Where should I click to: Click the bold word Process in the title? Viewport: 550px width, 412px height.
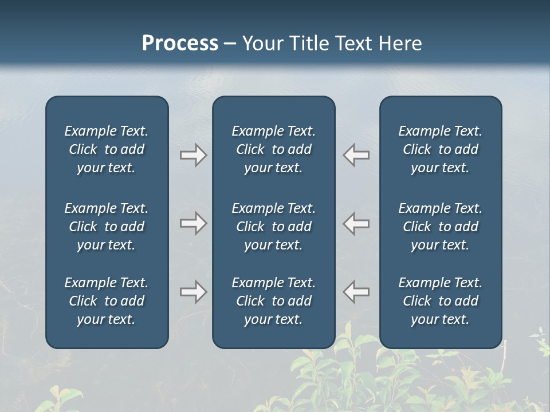(x=180, y=43)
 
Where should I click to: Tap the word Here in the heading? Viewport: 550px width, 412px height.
(x=400, y=43)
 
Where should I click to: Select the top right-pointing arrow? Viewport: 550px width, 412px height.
(x=193, y=155)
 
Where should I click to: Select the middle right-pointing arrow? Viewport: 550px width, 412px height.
(x=193, y=223)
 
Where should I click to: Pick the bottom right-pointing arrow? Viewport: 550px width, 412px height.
(x=193, y=292)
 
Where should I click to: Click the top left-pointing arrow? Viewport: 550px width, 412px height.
(x=356, y=155)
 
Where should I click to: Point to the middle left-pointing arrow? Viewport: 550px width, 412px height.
(x=356, y=223)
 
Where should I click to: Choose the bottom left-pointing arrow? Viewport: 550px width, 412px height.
(x=356, y=292)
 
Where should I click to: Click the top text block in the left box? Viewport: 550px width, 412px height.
(x=107, y=149)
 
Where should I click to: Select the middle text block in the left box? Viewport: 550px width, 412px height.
(x=107, y=227)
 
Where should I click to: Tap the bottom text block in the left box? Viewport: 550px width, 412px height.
(x=107, y=301)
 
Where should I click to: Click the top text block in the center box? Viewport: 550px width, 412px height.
(x=273, y=149)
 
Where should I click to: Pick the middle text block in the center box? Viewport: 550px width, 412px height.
(x=273, y=227)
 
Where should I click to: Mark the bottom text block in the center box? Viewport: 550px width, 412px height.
(x=273, y=301)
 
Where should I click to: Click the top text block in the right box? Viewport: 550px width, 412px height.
(x=440, y=149)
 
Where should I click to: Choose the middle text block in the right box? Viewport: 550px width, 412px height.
(x=440, y=227)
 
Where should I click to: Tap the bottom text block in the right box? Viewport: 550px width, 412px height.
(x=440, y=301)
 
